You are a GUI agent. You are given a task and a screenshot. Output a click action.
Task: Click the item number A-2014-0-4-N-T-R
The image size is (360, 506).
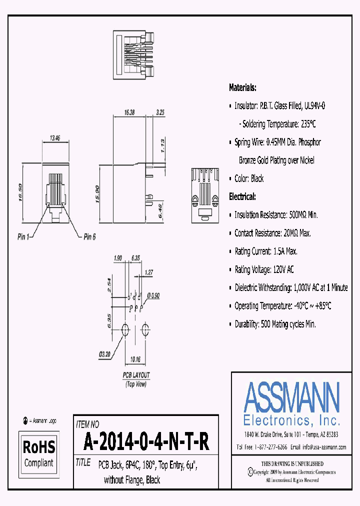coord(146,442)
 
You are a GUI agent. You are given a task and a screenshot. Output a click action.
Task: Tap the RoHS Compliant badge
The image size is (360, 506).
coord(39,453)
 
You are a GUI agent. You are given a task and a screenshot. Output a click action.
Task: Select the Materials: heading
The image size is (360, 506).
coord(242,87)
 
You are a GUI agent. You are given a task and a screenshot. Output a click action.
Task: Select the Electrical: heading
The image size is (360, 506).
coord(242,196)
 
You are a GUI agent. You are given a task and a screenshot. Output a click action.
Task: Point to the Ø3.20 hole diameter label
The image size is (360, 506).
coord(104,354)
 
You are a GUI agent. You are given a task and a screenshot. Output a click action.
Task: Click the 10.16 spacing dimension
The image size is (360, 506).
coord(135,359)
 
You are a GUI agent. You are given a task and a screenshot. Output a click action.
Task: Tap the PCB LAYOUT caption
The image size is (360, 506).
coord(136,375)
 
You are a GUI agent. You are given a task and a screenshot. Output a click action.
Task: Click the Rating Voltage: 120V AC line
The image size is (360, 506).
coord(264,269)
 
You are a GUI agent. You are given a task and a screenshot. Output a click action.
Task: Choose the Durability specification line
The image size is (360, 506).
coord(275,324)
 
